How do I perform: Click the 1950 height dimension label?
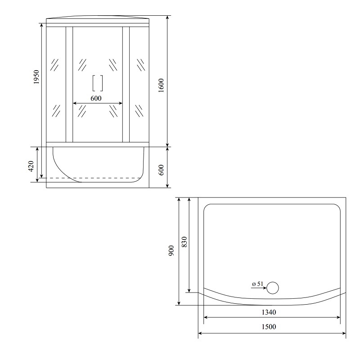36,77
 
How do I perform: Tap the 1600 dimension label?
161,85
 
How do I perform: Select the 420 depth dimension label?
31,166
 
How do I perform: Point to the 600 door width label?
96,98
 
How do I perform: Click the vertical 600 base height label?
161,170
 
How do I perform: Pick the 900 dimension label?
171,251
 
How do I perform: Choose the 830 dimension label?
184,242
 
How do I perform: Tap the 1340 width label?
269,312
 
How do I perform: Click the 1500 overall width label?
269,327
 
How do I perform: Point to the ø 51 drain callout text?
257,284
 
